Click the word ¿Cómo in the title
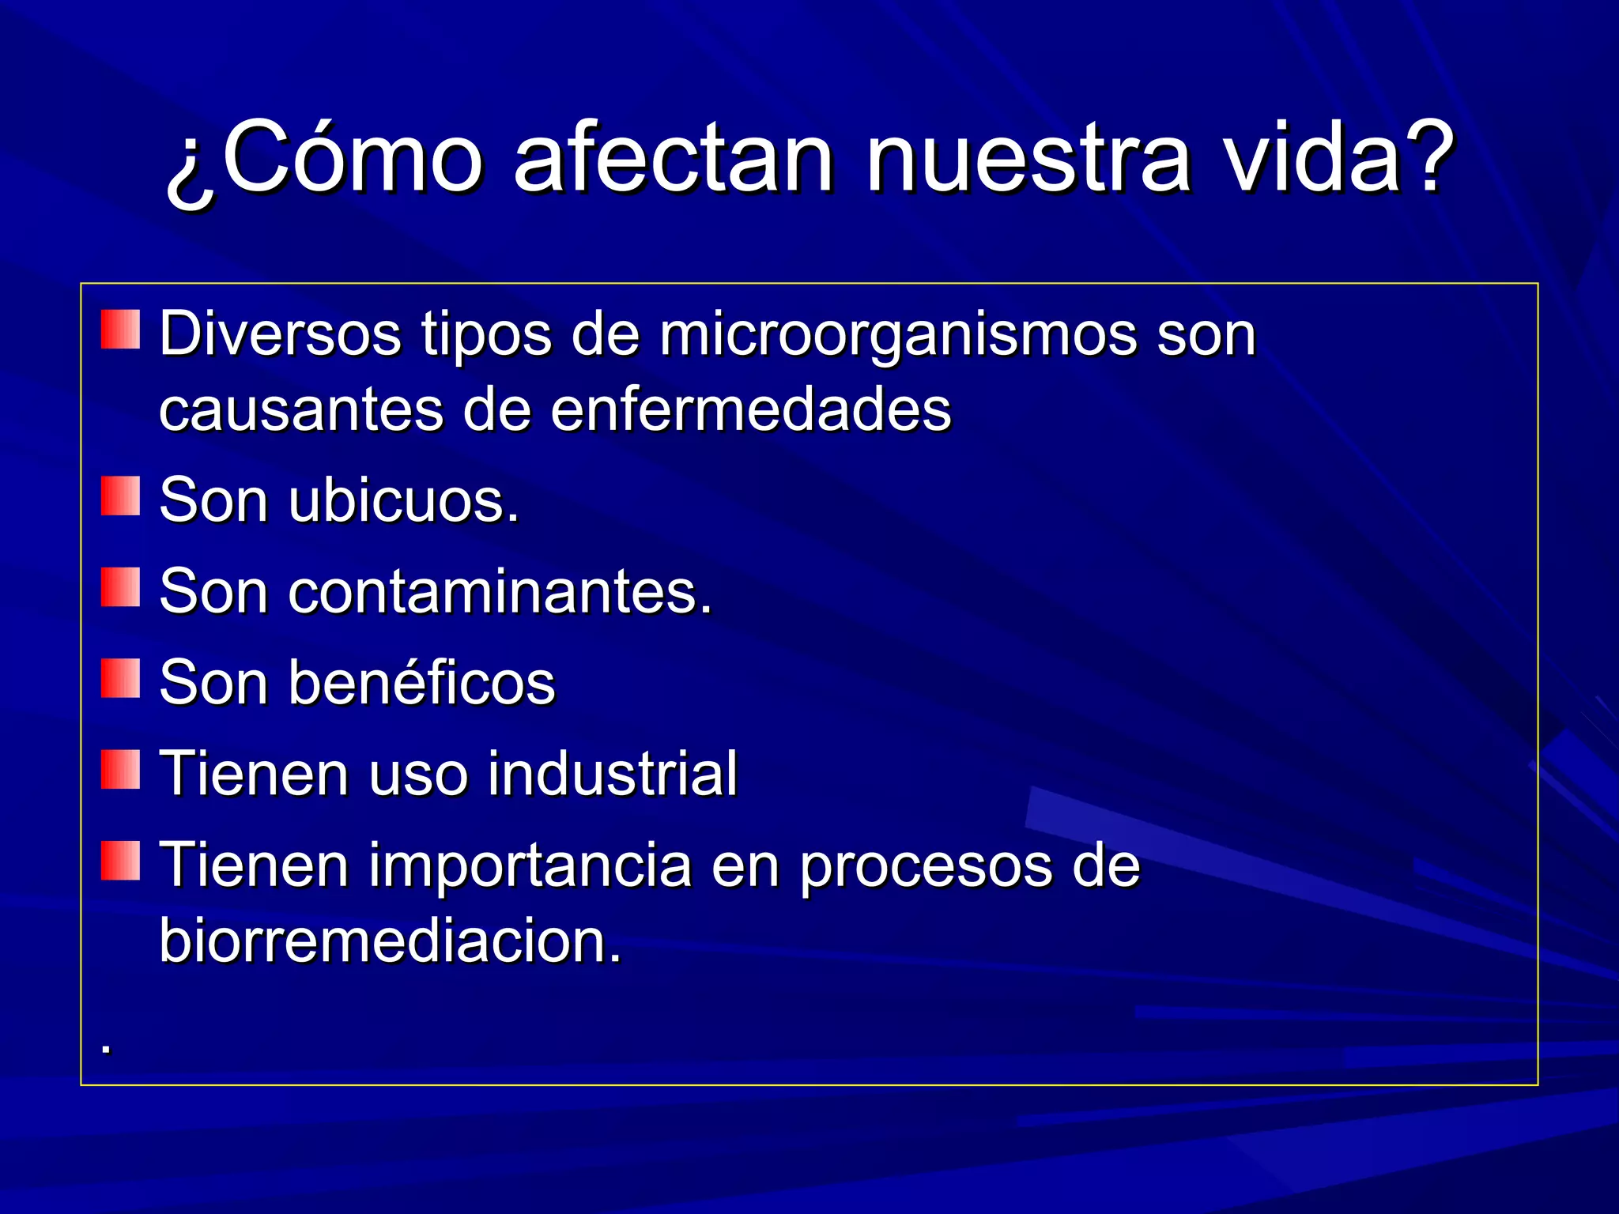tap(324, 158)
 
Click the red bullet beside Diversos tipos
tap(120, 330)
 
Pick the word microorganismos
tap(898, 335)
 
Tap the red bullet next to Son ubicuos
tap(120, 496)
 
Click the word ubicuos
tap(404, 501)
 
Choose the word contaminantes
tap(500, 592)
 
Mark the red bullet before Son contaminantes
tap(120, 587)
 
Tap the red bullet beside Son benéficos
tap(120, 678)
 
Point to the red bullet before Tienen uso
tap(120, 770)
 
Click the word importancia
tap(531, 865)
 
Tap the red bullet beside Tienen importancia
tap(120, 861)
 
